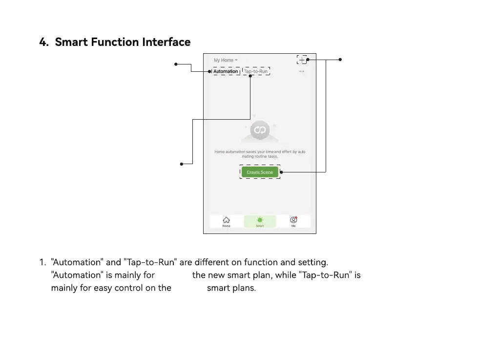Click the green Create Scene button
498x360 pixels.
(260, 172)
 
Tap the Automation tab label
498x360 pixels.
(226, 71)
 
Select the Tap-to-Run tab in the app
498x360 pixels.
(256, 71)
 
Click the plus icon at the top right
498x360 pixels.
(302, 60)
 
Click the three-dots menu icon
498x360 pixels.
(302, 71)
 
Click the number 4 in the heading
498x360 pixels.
(43, 42)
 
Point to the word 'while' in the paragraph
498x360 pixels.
(285, 275)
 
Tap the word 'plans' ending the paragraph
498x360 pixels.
(244, 288)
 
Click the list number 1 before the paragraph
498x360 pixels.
(42, 262)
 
